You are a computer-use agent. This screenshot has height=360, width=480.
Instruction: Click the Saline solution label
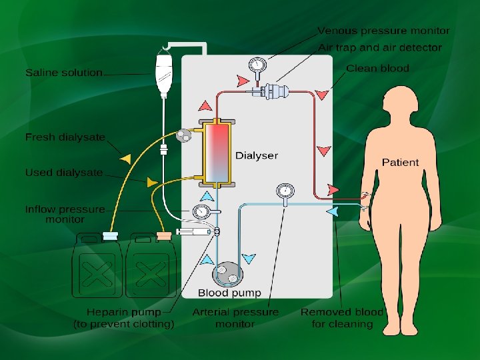64,72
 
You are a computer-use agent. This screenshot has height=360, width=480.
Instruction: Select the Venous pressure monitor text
383,31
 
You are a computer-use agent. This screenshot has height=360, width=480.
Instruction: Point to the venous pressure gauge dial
257,65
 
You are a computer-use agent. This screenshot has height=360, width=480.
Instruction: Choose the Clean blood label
377,68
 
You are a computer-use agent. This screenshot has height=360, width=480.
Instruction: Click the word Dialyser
257,155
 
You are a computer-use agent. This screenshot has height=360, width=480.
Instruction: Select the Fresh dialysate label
65,137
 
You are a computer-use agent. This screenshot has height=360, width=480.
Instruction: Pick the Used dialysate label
64,173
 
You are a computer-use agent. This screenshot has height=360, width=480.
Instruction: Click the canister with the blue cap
97,267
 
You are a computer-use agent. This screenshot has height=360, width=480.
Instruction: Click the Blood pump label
229,293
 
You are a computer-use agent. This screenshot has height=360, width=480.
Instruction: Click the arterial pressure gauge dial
285,191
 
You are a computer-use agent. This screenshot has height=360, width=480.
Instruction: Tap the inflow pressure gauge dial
200,212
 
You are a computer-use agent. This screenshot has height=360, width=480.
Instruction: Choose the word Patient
400,162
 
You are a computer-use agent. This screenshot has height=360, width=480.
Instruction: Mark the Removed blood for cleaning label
342,317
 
